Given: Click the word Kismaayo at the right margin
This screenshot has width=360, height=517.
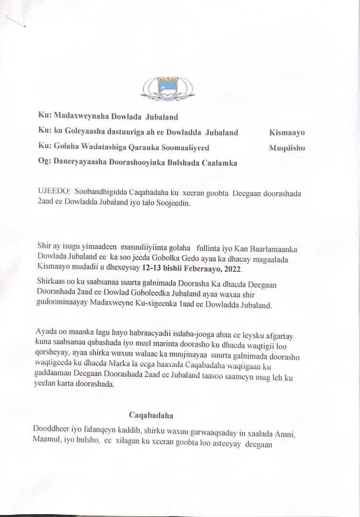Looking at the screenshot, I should tap(287, 133).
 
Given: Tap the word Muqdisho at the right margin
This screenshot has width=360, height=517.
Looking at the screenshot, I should tap(287, 148).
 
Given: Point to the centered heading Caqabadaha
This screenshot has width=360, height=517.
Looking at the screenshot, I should tap(150, 414).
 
